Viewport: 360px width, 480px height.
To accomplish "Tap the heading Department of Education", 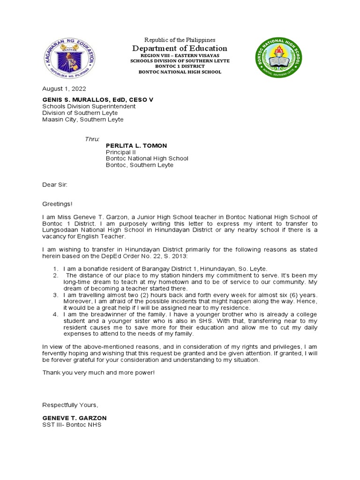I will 180,49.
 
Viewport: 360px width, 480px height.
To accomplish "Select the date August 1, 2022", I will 64,89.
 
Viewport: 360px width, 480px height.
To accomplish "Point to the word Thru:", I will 92,139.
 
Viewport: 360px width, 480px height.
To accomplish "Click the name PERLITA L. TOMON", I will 136,146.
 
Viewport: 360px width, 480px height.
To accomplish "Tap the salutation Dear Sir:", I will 55,185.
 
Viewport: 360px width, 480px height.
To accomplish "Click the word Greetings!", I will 58,204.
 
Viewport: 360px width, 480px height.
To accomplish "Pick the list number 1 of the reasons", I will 55,269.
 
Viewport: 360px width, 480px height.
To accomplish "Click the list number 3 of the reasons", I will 55,294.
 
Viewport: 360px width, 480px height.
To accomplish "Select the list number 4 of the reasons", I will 55,314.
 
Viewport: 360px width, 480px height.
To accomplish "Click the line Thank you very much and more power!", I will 98,372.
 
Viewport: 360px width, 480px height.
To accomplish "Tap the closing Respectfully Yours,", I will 70,405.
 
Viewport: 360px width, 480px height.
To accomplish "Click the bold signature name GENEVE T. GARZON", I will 75,418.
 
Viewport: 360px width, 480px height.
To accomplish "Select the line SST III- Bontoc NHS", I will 72,425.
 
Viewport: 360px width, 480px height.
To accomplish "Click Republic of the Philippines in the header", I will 180,40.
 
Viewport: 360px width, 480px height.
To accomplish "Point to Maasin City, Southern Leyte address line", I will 83,120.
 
